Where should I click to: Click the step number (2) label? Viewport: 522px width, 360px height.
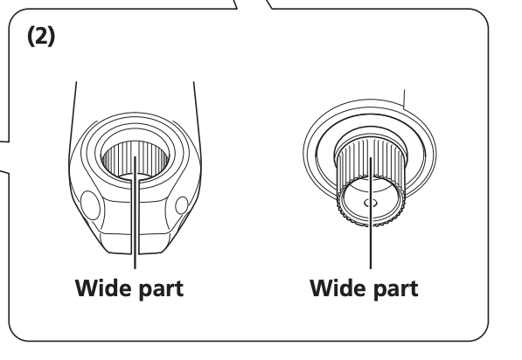tap(41, 37)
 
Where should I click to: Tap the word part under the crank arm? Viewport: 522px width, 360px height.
tap(161, 289)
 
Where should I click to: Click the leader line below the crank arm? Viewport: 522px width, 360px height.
tap(135, 212)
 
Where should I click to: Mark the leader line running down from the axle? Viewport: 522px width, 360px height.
tap(371, 213)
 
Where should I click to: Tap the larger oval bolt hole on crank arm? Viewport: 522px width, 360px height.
tap(90, 205)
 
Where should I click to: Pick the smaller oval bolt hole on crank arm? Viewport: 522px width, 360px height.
tap(182, 205)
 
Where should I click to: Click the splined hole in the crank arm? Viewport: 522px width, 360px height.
tap(135, 160)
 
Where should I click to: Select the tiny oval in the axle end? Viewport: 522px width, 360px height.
tap(371, 203)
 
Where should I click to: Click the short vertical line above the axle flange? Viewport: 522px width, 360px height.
tap(404, 99)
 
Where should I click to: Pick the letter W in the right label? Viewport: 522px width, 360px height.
tap(323, 288)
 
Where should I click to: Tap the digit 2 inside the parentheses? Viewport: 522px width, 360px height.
tap(41, 36)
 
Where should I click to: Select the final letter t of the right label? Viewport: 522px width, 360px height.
tap(413, 289)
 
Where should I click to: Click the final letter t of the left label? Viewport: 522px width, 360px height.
tap(178, 289)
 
